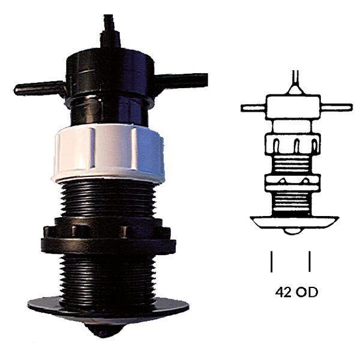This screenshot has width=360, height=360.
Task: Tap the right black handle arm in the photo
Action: pos(183,80)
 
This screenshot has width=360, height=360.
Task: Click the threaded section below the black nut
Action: pos(108,276)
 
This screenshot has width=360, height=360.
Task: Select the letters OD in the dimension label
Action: pos(308,293)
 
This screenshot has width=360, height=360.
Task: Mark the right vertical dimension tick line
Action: pos(310,262)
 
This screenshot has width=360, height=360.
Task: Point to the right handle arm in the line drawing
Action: pos(336,107)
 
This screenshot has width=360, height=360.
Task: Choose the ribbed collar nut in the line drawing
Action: pos(292,145)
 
